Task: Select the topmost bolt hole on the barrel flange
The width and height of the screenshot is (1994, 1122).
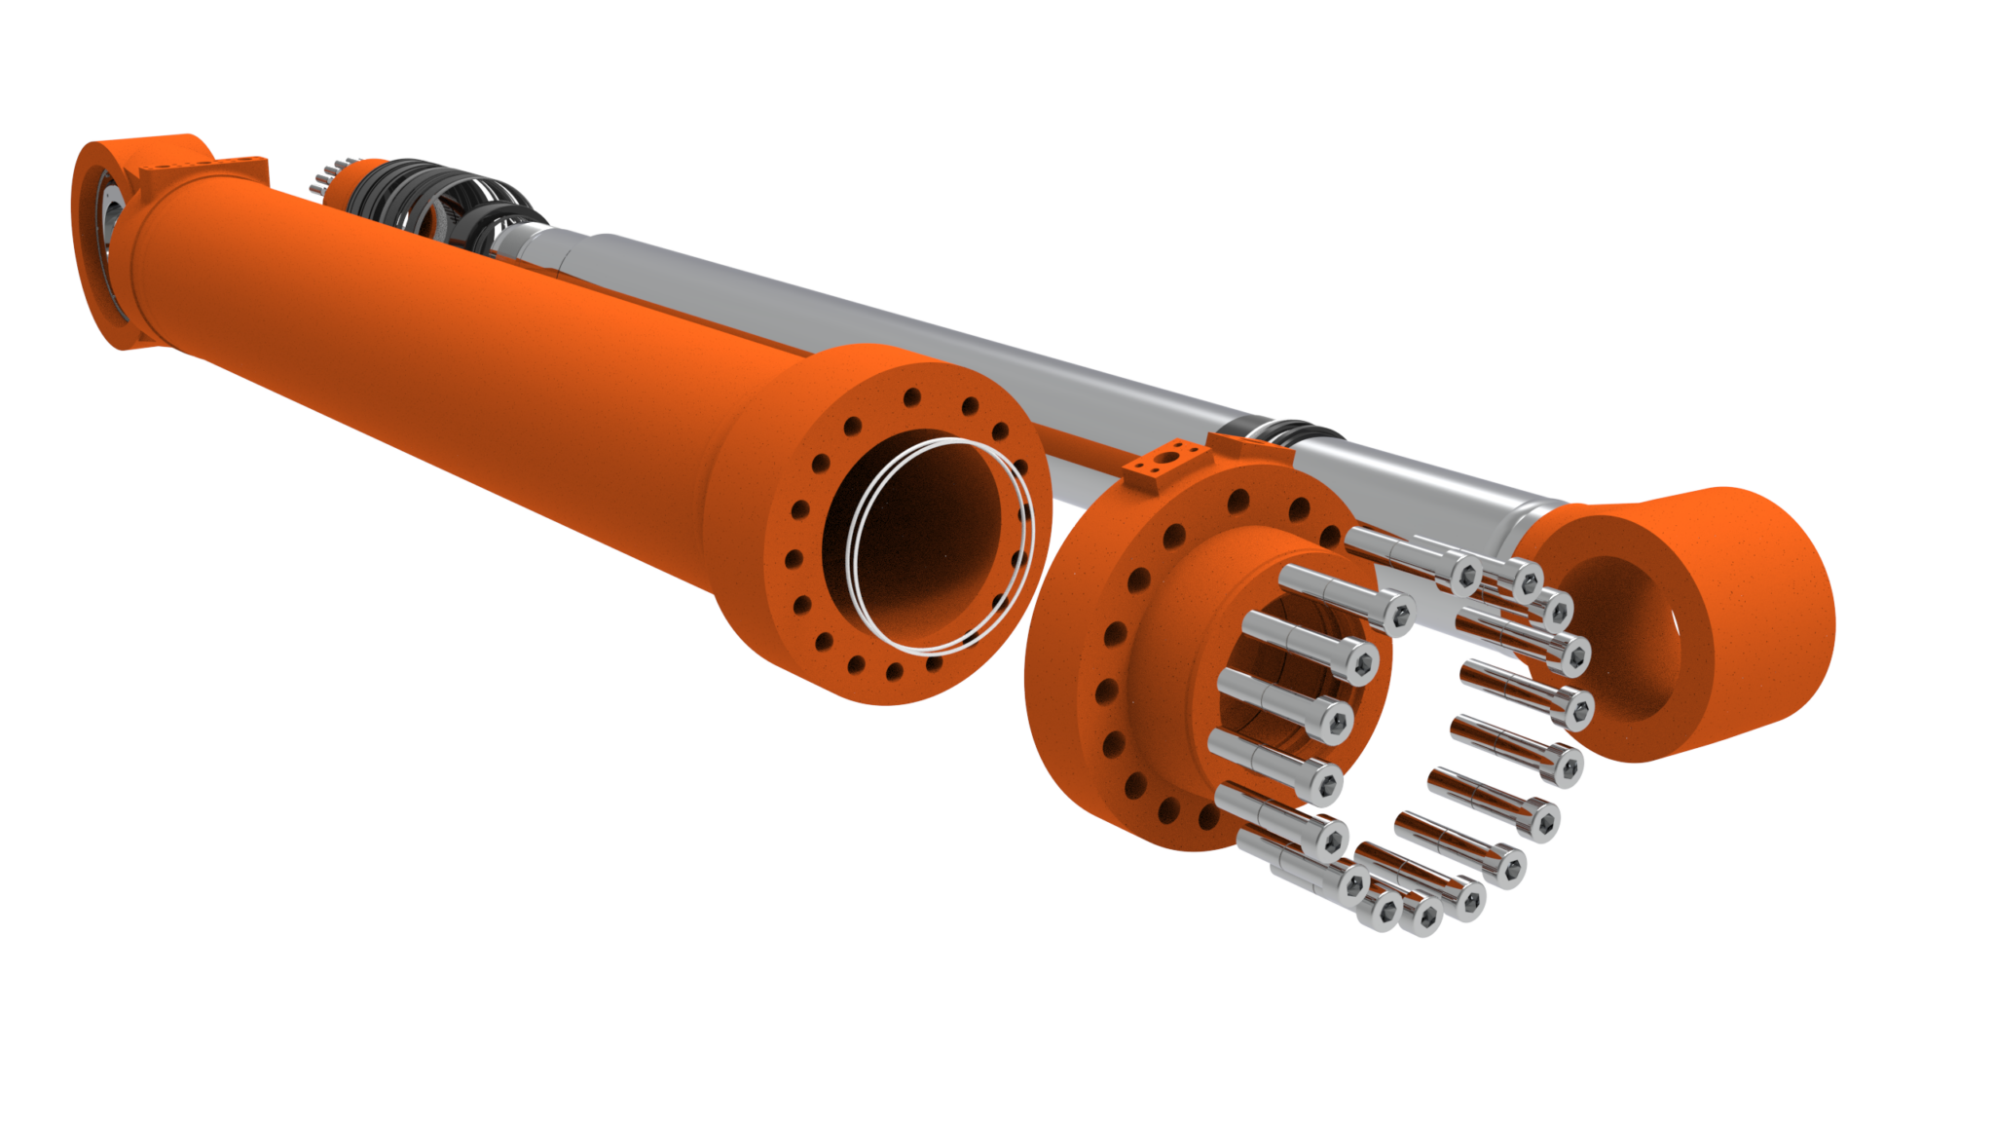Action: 912,397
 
